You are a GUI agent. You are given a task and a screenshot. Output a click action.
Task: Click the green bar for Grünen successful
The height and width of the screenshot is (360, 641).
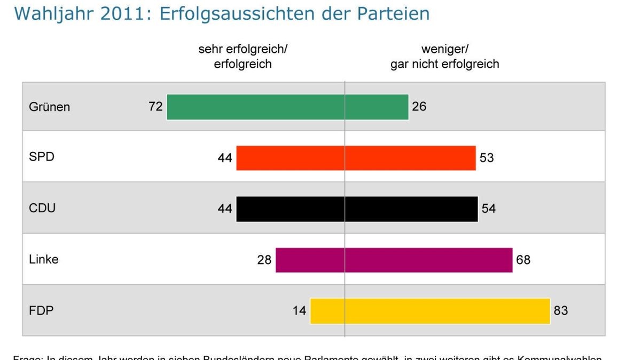click(255, 107)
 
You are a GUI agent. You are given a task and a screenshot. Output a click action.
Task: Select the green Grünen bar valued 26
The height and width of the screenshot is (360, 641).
click(377, 107)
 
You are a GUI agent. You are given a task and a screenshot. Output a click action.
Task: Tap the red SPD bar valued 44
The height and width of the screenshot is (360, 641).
click(290, 158)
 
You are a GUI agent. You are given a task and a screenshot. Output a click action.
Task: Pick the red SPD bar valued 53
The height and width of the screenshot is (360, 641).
click(410, 158)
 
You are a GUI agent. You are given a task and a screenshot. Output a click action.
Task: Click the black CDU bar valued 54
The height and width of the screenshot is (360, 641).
click(411, 209)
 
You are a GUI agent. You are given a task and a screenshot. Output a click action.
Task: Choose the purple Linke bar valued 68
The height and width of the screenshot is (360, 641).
click(428, 260)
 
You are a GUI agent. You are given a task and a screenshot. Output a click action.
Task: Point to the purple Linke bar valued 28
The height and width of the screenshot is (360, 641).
click(310, 260)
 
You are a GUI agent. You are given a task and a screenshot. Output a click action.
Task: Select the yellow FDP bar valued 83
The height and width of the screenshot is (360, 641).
click(447, 311)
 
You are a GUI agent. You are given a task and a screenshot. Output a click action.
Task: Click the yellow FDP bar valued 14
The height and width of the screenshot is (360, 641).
click(327, 311)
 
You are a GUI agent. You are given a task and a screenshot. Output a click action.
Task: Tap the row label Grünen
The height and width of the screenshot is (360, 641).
click(49, 107)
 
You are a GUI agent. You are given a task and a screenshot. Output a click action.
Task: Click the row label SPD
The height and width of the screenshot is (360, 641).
click(42, 158)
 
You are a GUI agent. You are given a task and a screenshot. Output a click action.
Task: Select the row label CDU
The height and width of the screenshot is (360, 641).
click(42, 209)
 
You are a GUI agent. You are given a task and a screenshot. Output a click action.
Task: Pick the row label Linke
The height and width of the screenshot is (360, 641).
click(44, 260)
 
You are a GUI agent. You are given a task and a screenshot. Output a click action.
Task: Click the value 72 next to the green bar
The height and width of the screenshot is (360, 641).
click(155, 107)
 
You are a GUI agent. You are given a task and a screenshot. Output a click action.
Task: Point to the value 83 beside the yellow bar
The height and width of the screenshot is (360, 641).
click(560, 310)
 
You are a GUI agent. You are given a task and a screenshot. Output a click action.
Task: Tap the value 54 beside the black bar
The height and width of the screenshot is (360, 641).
click(488, 209)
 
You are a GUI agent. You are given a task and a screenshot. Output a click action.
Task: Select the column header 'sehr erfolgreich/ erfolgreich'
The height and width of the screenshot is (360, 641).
click(243, 57)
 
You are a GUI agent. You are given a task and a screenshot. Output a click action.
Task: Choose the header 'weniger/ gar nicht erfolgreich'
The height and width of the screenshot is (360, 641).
click(444, 57)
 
